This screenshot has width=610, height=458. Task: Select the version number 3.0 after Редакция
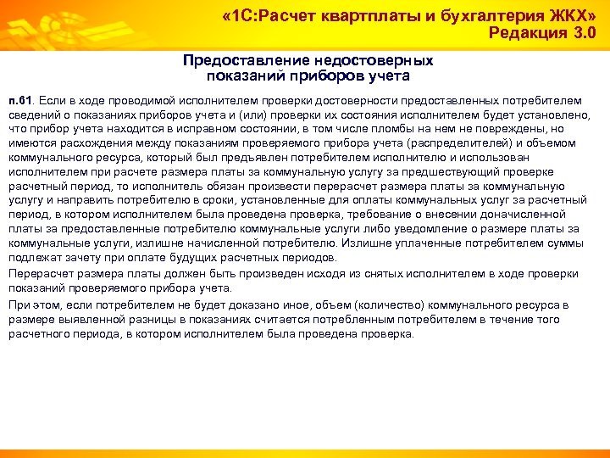[x=579, y=35]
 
